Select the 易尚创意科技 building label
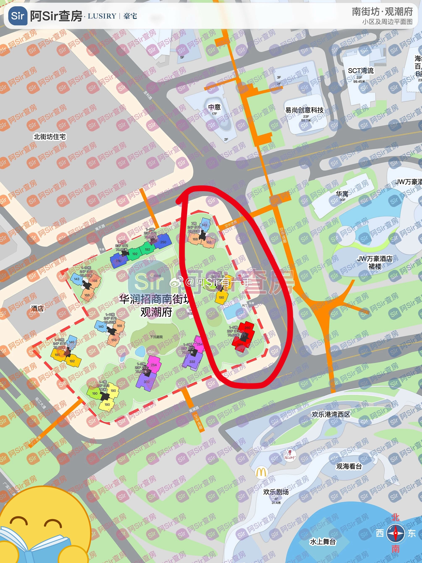point(304,110)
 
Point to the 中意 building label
point(214,107)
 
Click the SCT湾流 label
point(361,71)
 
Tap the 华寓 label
point(342,194)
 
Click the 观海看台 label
point(349,466)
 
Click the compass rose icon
point(395,534)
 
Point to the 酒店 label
point(37,309)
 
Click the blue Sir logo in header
point(18,16)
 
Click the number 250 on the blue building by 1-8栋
point(163,242)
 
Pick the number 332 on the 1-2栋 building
point(147,382)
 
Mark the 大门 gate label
point(244,305)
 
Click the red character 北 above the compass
point(395,517)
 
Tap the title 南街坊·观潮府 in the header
point(382,12)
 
